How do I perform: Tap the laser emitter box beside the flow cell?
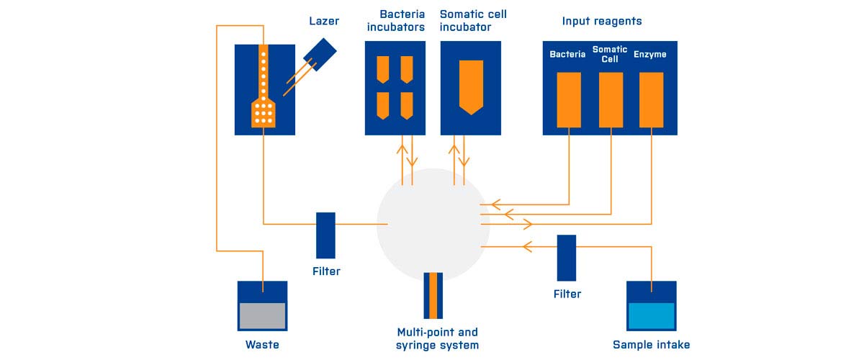point(320,52)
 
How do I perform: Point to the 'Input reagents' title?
point(601,21)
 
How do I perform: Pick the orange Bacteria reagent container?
point(569,99)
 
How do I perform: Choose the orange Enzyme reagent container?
point(651,99)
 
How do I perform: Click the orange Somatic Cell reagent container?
point(611,99)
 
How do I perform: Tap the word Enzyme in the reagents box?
point(649,54)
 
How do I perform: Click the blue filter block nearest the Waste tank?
point(325,235)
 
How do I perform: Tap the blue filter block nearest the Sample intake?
point(567,257)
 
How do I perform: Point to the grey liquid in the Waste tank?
point(263,315)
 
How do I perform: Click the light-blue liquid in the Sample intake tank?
point(651,315)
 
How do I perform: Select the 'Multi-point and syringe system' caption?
point(437,338)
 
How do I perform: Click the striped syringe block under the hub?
point(433,295)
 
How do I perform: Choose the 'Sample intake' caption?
point(651,345)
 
